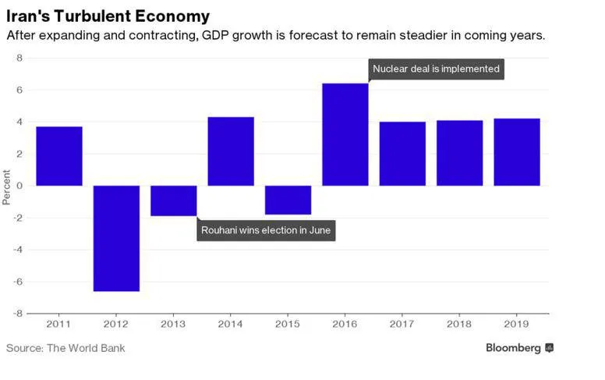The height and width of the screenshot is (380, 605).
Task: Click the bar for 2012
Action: [116, 238]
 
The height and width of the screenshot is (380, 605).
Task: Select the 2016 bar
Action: [345, 134]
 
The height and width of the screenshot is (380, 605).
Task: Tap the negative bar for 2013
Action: [174, 201]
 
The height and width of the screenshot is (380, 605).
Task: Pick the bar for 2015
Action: [288, 200]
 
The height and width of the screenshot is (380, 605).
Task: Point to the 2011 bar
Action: [59, 156]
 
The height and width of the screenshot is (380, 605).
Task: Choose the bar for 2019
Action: [517, 152]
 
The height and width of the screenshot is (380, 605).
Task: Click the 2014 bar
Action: [231, 151]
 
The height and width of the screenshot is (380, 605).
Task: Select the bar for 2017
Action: [402, 154]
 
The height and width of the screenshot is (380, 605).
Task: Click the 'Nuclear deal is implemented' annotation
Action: [436, 69]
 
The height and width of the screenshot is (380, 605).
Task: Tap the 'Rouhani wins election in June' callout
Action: [266, 230]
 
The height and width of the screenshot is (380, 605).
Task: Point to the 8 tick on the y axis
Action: [19, 59]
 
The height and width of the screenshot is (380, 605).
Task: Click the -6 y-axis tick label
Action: [18, 282]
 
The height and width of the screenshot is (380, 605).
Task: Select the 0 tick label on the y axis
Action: [19, 186]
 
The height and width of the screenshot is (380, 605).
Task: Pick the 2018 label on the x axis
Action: [459, 324]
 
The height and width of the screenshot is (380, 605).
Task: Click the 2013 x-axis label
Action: [173, 324]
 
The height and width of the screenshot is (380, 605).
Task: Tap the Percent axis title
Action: [6, 187]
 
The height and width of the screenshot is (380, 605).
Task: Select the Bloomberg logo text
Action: [513, 348]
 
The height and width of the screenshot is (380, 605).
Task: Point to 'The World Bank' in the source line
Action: [86, 348]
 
